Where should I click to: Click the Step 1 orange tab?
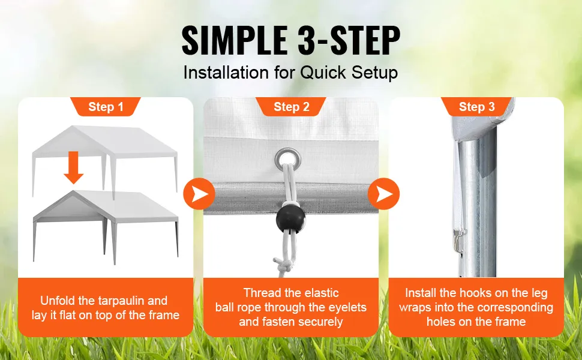pos(106,107)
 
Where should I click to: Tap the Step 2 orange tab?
pos(291,107)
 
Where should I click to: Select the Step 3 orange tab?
pos(476,107)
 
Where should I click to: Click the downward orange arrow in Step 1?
pos(73,167)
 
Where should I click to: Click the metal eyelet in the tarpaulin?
pos(287,159)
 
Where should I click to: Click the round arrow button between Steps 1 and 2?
pos(199,194)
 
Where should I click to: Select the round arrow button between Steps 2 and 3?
pos(384,194)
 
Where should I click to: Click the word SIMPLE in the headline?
pos(235,40)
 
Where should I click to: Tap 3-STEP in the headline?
pos(349,40)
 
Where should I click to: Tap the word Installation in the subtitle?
pos(226,73)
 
